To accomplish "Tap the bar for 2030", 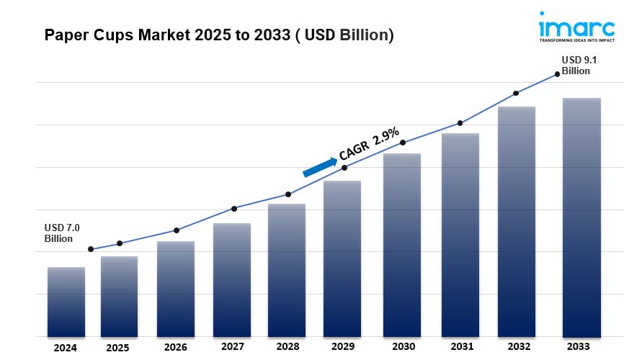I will (402, 245).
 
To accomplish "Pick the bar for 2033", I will (581, 217).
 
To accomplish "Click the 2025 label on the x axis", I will (117, 347).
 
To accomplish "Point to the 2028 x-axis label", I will (287, 347).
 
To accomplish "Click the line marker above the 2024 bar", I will (91, 249).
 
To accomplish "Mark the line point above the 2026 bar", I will (177, 230).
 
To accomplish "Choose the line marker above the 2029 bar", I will (344, 168).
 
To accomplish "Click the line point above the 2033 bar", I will (557, 73).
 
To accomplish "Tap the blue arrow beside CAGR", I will (320, 167).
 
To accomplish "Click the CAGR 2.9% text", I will (369, 143).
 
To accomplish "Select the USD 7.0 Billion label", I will (61, 233).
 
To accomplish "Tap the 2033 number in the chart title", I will (268, 35).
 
